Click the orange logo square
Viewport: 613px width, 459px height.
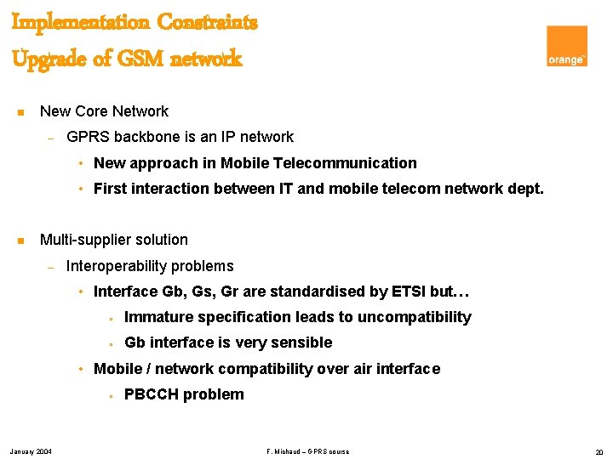tap(566, 46)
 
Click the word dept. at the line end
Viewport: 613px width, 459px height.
tap(524, 189)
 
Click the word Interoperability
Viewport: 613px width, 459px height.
tap(118, 266)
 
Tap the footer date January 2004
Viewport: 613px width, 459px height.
tap(31, 450)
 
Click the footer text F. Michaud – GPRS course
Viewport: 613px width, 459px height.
tap(307, 450)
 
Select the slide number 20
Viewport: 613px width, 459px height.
tap(598, 450)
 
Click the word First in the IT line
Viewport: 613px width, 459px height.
tap(110, 189)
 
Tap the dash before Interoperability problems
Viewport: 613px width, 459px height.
tap(51, 267)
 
